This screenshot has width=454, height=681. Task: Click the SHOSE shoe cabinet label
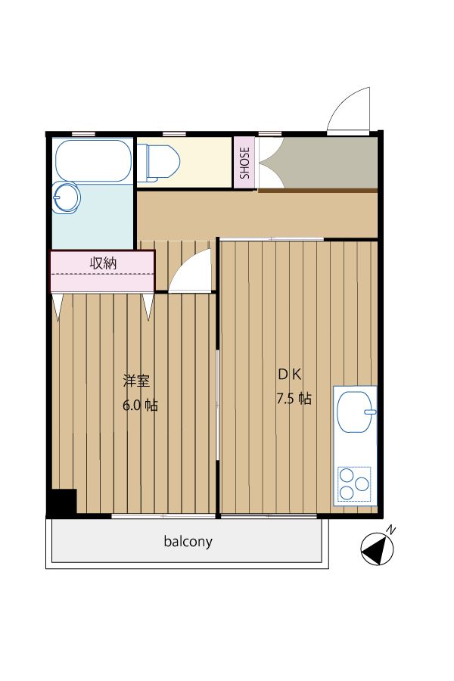pos(245,163)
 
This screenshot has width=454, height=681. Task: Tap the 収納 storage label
pos(103,263)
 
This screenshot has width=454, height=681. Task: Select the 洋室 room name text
pos(136,381)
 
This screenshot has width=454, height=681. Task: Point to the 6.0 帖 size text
pos(140,406)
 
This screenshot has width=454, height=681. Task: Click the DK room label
pos(290,375)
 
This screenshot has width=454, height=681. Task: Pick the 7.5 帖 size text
pos(294,398)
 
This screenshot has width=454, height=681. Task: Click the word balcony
pos(188,542)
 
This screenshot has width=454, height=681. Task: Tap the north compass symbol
pos(378,550)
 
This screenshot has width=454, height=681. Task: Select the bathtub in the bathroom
pos(92,160)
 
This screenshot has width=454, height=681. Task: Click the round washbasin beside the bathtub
pos(66,197)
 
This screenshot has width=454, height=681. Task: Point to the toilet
pos(159,163)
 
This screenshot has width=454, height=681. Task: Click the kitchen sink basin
pos(356,412)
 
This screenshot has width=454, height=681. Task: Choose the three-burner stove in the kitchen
pos(355,484)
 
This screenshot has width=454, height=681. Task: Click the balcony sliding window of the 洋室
pos(163,516)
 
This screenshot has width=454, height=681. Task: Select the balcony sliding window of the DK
pos(269,516)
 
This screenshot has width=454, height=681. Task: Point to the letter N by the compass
pos(391,530)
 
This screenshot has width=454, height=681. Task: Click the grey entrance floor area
pos(319,163)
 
